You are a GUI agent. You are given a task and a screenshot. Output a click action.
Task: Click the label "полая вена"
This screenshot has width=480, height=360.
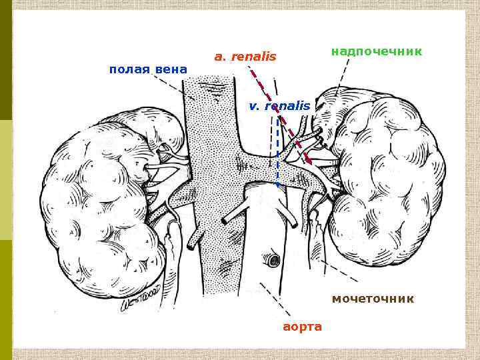[x=147, y=69]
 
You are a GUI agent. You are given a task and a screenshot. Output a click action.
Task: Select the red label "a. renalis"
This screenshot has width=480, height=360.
[x=245, y=57]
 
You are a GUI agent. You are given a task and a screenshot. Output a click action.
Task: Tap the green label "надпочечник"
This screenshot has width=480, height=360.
[x=377, y=51]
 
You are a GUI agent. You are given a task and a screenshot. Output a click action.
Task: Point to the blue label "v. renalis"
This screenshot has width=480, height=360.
[x=279, y=105]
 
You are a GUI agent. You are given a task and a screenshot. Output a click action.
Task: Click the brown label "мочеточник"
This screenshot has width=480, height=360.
[x=373, y=299]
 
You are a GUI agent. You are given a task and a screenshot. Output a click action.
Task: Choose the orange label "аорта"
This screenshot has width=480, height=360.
[x=302, y=327]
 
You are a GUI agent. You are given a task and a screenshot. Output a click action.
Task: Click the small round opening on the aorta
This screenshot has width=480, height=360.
[x=271, y=259]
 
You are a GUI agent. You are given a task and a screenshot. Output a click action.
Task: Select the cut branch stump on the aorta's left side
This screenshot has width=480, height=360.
[x=233, y=213]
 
